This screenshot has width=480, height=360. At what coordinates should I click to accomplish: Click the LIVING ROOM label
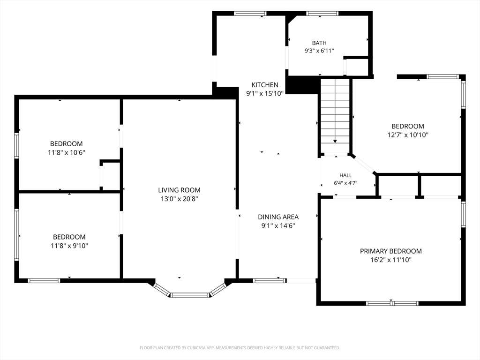click(x=179, y=190)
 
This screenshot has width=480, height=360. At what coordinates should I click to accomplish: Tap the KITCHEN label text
click(x=265, y=85)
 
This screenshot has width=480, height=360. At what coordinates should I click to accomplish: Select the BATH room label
click(x=319, y=43)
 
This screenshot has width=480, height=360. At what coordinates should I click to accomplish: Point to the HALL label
click(x=345, y=175)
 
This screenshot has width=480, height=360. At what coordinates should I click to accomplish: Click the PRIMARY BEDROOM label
click(x=390, y=251)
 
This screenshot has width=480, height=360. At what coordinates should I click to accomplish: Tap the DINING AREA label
click(x=278, y=217)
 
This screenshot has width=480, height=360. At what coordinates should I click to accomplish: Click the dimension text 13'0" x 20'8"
click(x=180, y=199)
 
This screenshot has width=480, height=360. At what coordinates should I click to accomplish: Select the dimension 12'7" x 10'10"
click(x=408, y=135)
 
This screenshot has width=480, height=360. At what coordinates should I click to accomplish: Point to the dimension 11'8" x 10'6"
click(x=66, y=152)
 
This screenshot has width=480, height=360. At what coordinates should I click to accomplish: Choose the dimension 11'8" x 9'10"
click(x=69, y=246)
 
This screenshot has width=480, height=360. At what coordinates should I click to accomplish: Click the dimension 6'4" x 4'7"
click(x=345, y=183)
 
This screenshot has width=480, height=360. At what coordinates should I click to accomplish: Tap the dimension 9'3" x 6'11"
click(x=319, y=51)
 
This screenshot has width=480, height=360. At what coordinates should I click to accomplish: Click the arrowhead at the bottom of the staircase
click(x=335, y=141)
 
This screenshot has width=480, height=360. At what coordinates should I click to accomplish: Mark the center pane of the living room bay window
click(x=190, y=295)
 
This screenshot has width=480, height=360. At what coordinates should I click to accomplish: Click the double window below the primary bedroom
click(x=392, y=303)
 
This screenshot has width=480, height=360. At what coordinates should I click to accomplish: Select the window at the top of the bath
click(x=322, y=14)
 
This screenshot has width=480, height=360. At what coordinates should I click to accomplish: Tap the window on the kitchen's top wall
click(x=250, y=14)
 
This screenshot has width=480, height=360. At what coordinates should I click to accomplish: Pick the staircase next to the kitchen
click(x=335, y=115)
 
